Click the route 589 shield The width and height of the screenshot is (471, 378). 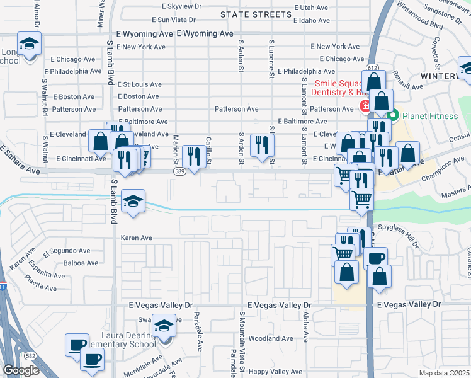pyautogui.click(x=180, y=170)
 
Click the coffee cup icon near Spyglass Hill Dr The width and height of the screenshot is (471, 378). pyautogui.click(x=375, y=258)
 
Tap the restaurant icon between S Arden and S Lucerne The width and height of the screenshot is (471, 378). pyautogui.click(x=261, y=145)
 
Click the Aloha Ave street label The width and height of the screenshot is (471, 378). pyautogui.click(x=305, y=326)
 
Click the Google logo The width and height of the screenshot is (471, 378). pyautogui.click(x=21, y=370)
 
